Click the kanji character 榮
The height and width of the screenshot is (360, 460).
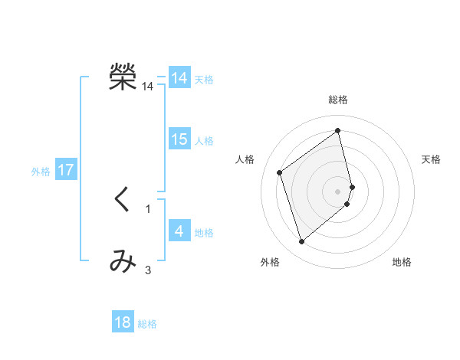coord(123,78)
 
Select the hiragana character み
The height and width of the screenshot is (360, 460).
coord(123,262)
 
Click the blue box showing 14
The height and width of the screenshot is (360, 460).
coord(179,78)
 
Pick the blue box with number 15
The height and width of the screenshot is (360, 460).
coord(179,139)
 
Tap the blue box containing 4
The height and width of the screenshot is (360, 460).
coord(179,231)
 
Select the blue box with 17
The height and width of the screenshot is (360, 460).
coord(66,170)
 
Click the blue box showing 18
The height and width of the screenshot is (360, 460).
coord(123,322)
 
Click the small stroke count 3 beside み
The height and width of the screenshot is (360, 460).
coord(148,270)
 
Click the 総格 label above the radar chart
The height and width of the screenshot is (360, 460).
coord(338,100)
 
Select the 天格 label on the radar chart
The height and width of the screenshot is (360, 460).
coord(431,159)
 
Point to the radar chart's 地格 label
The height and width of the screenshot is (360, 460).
coord(402,262)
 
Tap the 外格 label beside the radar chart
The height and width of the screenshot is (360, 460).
coord(270,262)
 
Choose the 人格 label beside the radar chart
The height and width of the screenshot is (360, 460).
coord(245,159)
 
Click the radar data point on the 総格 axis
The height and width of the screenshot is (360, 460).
coord(338,131)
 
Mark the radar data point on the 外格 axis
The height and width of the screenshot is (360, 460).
coord(302,242)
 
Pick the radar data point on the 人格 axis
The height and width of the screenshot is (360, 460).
coord(280,172)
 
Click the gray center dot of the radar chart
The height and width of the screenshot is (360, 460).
coord(338,191)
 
